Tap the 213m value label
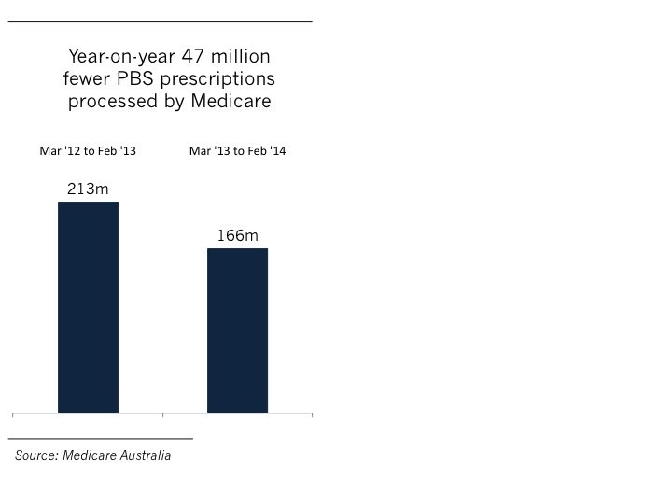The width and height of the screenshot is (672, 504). coord(87,189)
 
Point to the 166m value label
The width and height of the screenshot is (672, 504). coord(237,236)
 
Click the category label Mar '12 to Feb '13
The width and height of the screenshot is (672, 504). coord(88,151)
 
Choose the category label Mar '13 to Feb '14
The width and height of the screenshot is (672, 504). coord(237,151)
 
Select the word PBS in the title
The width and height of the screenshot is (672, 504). coord(163,78)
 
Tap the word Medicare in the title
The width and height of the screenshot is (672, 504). coord(231,101)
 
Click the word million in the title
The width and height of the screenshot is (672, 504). coord(231,56)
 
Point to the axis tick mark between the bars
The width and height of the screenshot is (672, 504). coord(162,413)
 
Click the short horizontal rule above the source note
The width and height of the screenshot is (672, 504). coord(100,437)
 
